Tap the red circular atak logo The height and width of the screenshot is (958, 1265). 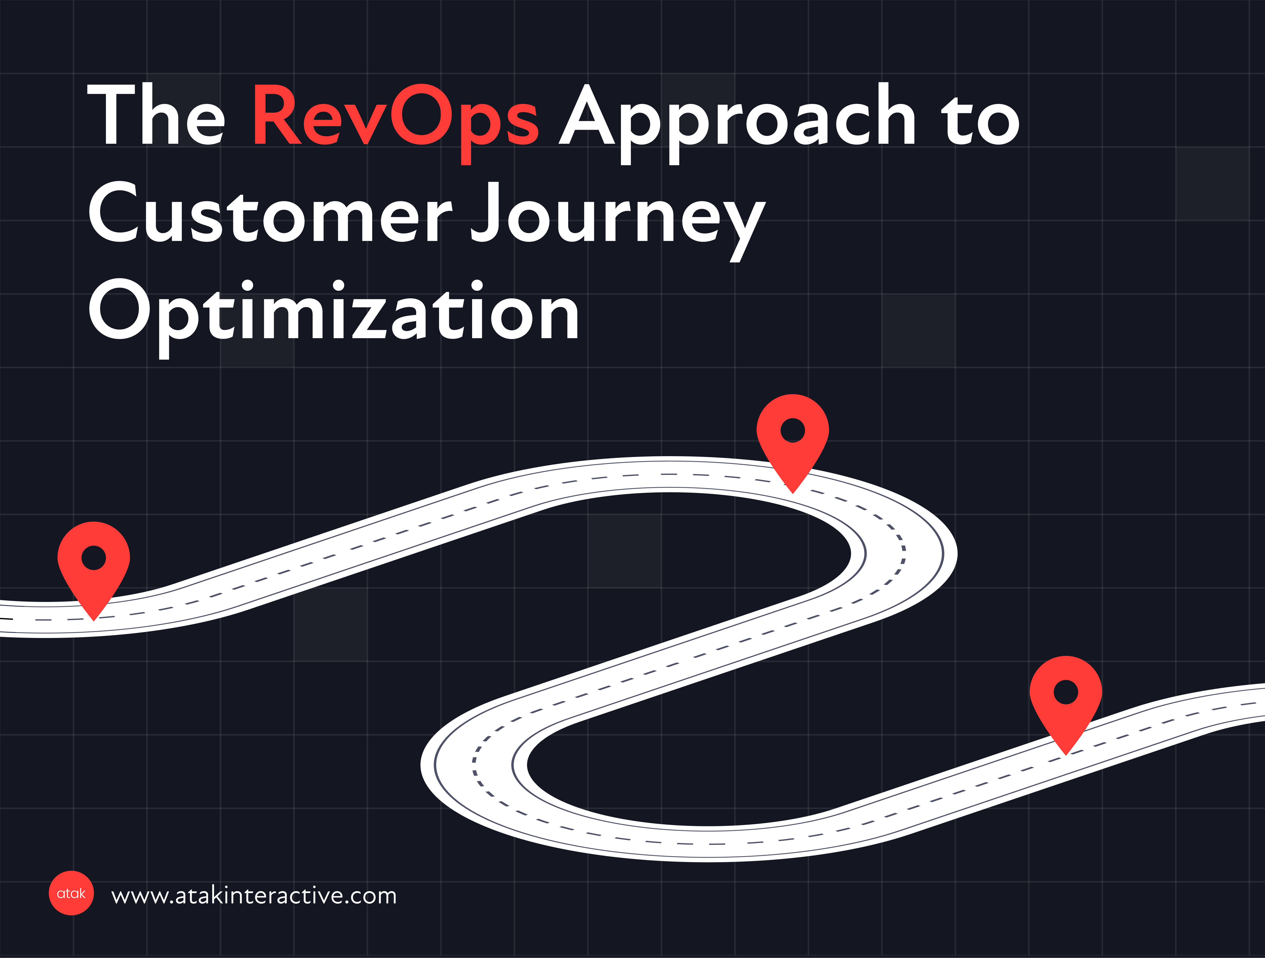[x=71, y=893]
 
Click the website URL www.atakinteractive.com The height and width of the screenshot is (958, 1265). [x=254, y=895]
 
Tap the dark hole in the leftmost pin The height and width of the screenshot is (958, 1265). [x=94, y=558]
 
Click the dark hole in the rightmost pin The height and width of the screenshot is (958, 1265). [x=1066, y=692]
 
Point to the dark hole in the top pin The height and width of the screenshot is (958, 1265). [x=793, y=430]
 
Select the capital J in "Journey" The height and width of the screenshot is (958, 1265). [x=486, y=212]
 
